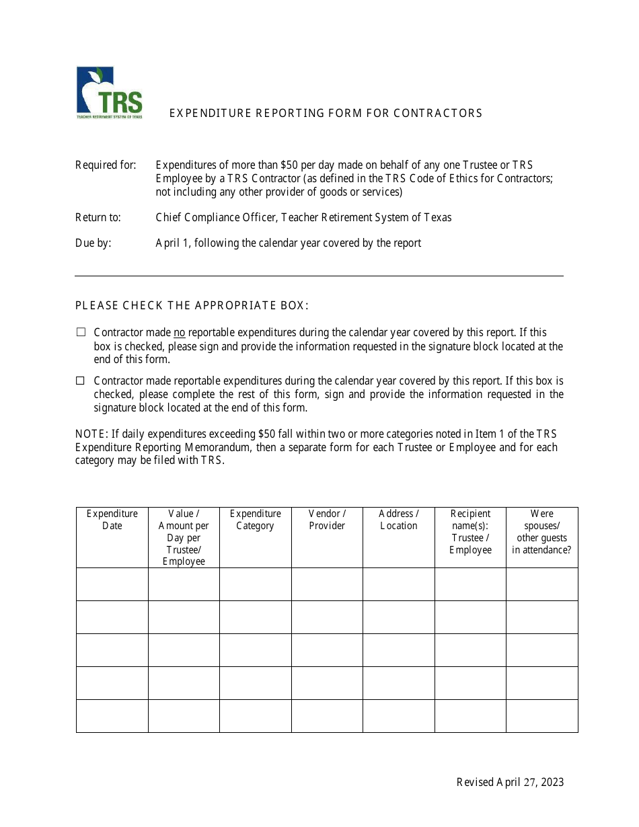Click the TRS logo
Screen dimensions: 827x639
pyautogui.click(x=109, y=93)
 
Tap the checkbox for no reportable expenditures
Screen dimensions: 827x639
pyautogui.click(x=81, y=332)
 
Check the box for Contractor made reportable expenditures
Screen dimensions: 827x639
pyautogui.click(x=81, y=381)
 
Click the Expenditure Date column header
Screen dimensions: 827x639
pyautogui.click(x=112, y=520)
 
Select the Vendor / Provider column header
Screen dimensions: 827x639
pyautogui.click(x=327, y=520)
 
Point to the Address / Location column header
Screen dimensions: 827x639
pyautogui.click(x=399, y=520)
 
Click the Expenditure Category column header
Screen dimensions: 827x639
pyautogui.click(x=256, y=520)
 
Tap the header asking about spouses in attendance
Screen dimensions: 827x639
pyautogui.click(x=541, y=532)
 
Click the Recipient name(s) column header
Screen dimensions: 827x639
pyautogui.click(x=470, y=532)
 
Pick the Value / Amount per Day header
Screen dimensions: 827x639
pyautogui.click(x=184, y=537)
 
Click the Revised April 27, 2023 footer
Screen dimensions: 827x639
pyautogui.click(x=510, y=782)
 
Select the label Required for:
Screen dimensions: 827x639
pyautogui.click(x=106, y=165)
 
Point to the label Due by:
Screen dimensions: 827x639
pyautogui.click(x=93, y=243)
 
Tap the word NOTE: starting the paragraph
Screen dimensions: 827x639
pyautogui.click(x=89, y=434)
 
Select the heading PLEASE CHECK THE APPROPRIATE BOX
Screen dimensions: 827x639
pyautogui.click(x=192, y=305)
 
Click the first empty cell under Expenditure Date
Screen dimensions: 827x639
pyautogui.click(x=112, y=584)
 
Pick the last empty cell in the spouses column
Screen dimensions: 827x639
pyautogui.click(x=541, y=716)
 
